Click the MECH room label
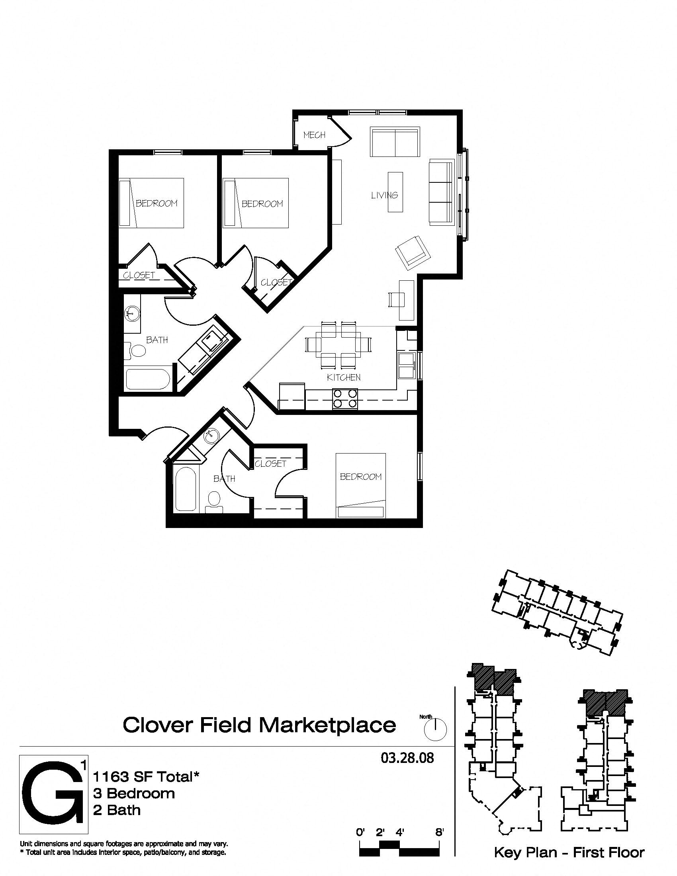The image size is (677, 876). (314, 135)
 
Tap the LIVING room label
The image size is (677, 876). (384, 196)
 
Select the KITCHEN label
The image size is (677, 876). (344, 377)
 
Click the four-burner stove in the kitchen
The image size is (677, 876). (344, 399)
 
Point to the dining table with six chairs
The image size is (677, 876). (339, 344)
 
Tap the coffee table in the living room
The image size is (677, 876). (395, 192)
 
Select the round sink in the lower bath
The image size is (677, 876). (211, 436)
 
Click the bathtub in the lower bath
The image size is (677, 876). (185, 488)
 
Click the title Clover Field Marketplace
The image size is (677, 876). (259, 725)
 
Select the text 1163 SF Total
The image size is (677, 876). (147, 777)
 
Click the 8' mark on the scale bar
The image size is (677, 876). (440, 832)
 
